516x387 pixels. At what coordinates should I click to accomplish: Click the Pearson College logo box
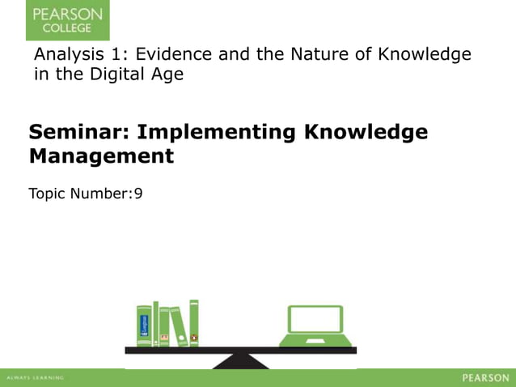[67, 20]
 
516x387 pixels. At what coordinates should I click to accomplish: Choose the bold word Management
[101, 155]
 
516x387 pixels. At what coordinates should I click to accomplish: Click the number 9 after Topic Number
[138, 193]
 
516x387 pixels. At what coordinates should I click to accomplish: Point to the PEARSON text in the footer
[485, 378]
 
